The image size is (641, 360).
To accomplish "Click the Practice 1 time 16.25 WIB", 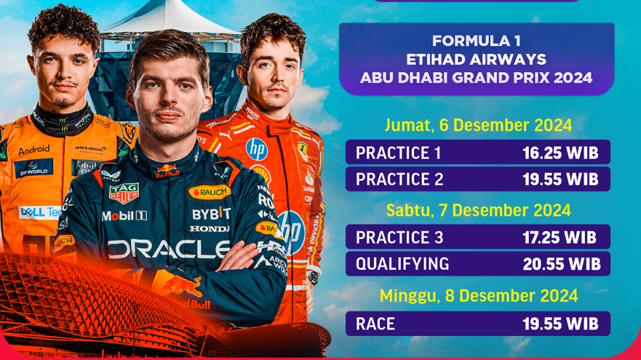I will (x=560, y=153).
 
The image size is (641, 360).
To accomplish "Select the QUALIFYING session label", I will (x=402, y=264).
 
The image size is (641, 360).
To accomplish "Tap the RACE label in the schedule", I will (x=375, y=324).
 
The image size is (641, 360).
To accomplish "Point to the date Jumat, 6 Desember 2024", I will (x=478, y=125).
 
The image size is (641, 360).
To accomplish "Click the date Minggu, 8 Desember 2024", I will (x=478, y=295).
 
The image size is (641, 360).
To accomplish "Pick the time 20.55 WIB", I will (x=560, y=264).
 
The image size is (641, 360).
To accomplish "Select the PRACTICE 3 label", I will (x=399, y=237).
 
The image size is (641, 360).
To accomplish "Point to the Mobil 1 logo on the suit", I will (x=124, y=216).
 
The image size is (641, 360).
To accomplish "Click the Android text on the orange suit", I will (x=34, y=150).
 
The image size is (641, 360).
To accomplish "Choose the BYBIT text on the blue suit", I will (x=211, y=214).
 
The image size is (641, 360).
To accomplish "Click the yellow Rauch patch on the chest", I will (x=210, y=192).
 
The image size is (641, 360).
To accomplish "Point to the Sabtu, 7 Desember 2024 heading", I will (x=478, y=210).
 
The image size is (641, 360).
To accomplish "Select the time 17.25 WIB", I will (x=560, y=237).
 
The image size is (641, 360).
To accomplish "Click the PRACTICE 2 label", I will (x=399, y=180).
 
